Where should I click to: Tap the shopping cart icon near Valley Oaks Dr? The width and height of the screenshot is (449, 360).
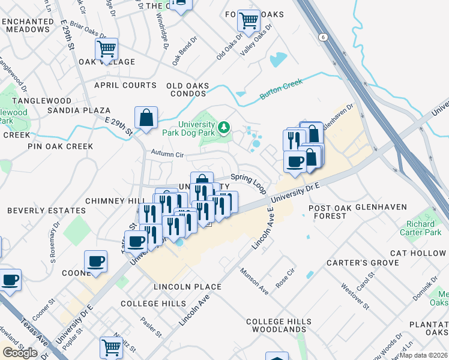(249, 21)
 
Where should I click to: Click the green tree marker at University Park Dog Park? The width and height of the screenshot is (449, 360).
(224, 127)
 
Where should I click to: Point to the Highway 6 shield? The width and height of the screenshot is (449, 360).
(324, 37)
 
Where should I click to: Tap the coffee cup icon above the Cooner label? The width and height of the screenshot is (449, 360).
(96, 262)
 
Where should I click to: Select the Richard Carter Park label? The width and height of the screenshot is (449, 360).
(420, 227)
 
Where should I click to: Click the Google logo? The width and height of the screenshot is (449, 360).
(20, 353)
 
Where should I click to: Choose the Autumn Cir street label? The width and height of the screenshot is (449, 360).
(166, 155)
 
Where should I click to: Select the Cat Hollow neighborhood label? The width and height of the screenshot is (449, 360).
(418, 253)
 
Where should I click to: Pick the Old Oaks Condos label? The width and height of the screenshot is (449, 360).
(186, 89)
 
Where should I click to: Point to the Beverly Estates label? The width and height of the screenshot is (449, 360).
(47, 211)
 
